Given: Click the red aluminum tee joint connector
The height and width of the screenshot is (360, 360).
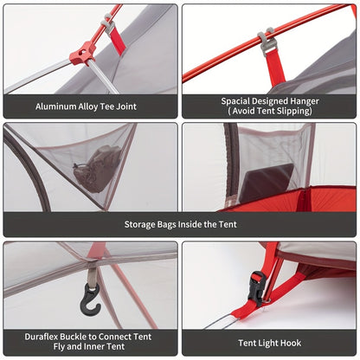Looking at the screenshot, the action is coord(83,54).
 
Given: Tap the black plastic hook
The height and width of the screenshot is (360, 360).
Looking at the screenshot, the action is coord(90,300).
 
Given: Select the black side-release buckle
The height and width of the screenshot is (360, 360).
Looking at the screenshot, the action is coord(256,288).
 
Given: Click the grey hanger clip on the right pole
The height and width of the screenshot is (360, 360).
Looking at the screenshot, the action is coord(267,41).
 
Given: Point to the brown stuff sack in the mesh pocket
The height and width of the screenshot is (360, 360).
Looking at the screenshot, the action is coord(98,169).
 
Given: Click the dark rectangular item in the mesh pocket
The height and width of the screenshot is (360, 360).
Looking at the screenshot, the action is coord(267,182).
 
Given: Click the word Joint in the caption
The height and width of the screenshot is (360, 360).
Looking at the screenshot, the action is coord(126,106).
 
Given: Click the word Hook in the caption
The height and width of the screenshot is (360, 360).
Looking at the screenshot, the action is coord(291,343).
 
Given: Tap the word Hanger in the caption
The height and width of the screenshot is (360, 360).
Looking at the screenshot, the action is coord(305,101).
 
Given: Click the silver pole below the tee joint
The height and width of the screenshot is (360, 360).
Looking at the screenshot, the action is coord(102,76).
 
